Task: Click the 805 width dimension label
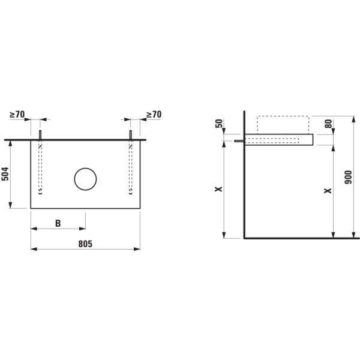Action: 85,244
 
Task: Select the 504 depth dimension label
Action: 5,174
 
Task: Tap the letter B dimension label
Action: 58,223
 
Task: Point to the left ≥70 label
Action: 17,115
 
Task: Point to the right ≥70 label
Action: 154,115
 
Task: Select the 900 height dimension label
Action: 348,177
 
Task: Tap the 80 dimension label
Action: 329,124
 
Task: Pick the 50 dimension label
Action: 220,124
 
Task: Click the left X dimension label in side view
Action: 218,189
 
